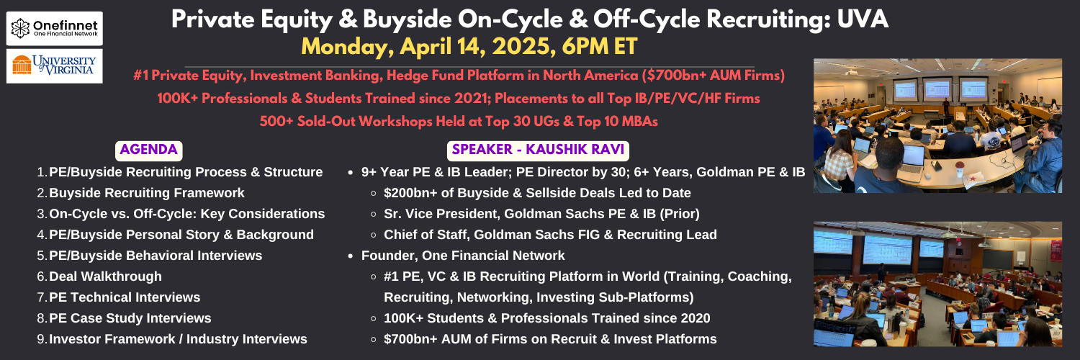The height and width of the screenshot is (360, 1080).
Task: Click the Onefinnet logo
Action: pyautogui.click(x=55, y=28)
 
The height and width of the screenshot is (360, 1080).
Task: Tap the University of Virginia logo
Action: pyautogui.click(x=55, y=66)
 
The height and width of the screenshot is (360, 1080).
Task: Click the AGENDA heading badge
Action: pyautogui.click(x=148, y=150)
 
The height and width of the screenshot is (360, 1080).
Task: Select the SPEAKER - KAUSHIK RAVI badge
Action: pyautogui.click(x=538, y=150)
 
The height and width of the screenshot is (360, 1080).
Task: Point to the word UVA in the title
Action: pyautogui.click(x=863, y=19)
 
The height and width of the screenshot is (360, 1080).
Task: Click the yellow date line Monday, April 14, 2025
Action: pyautogui.click(x=469, y=47)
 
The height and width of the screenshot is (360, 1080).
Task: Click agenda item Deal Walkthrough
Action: pyautogui.click(x=105, y=276)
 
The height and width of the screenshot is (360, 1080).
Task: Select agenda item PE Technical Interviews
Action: pyautogui.click(x=125, y=297)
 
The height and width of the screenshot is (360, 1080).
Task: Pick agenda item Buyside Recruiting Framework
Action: pyautogui.click(x=147, y=193)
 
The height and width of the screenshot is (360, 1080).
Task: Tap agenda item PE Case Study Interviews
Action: pyautogui.click(x=130, y=318)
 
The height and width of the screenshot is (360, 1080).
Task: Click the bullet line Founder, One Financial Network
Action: pyautogui.click(x=463, y=256)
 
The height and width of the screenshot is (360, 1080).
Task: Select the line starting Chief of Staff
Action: pyautogui.click(x=550, y=235)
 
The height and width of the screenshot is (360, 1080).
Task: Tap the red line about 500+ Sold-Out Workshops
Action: pyautogui.click(x=459, y=121)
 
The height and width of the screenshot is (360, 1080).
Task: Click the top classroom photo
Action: pyautogui.click(x=937, y=126)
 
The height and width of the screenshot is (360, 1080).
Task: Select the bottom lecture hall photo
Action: pyautogui.click(x=937, y=284)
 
